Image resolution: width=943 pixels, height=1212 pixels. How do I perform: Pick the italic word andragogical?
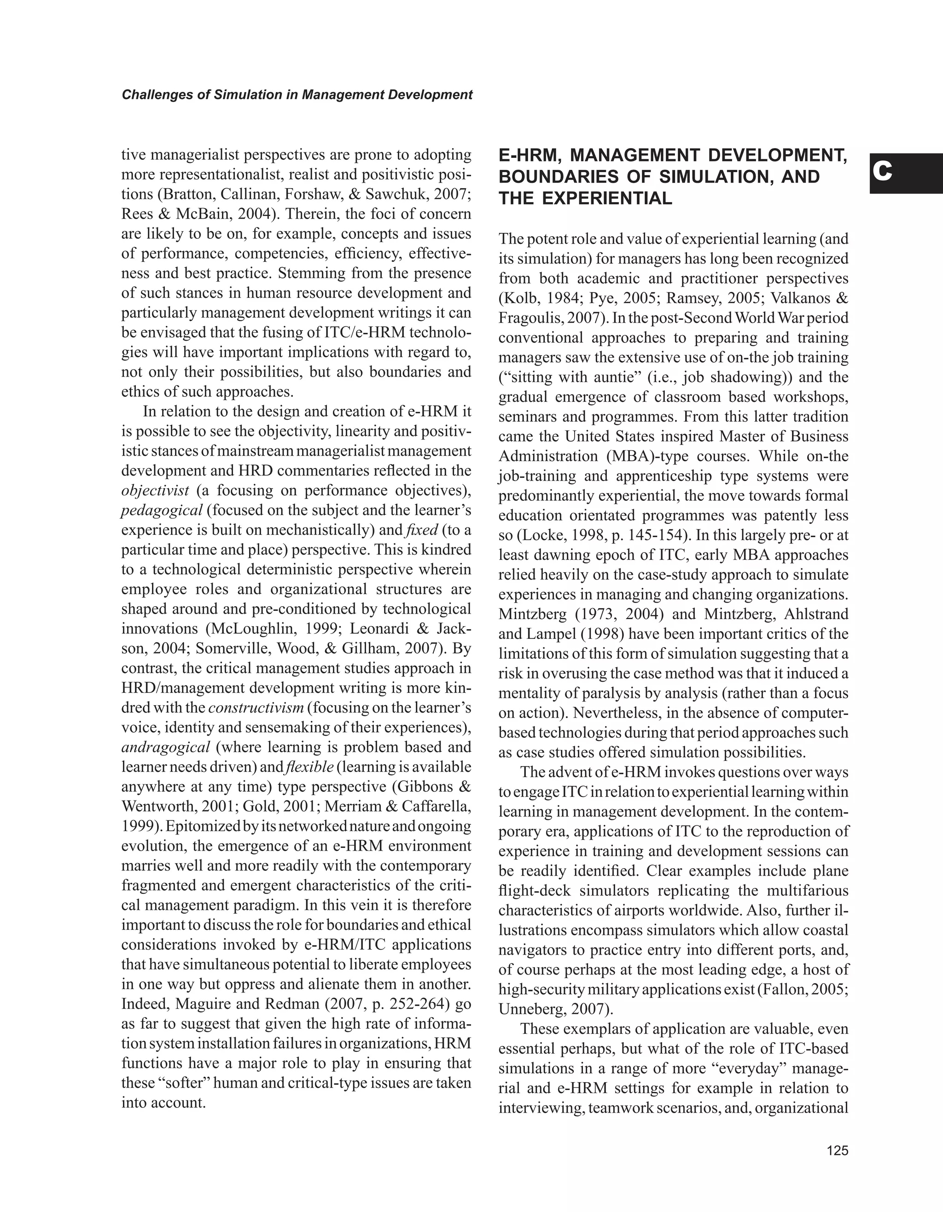tap(165, 747)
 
